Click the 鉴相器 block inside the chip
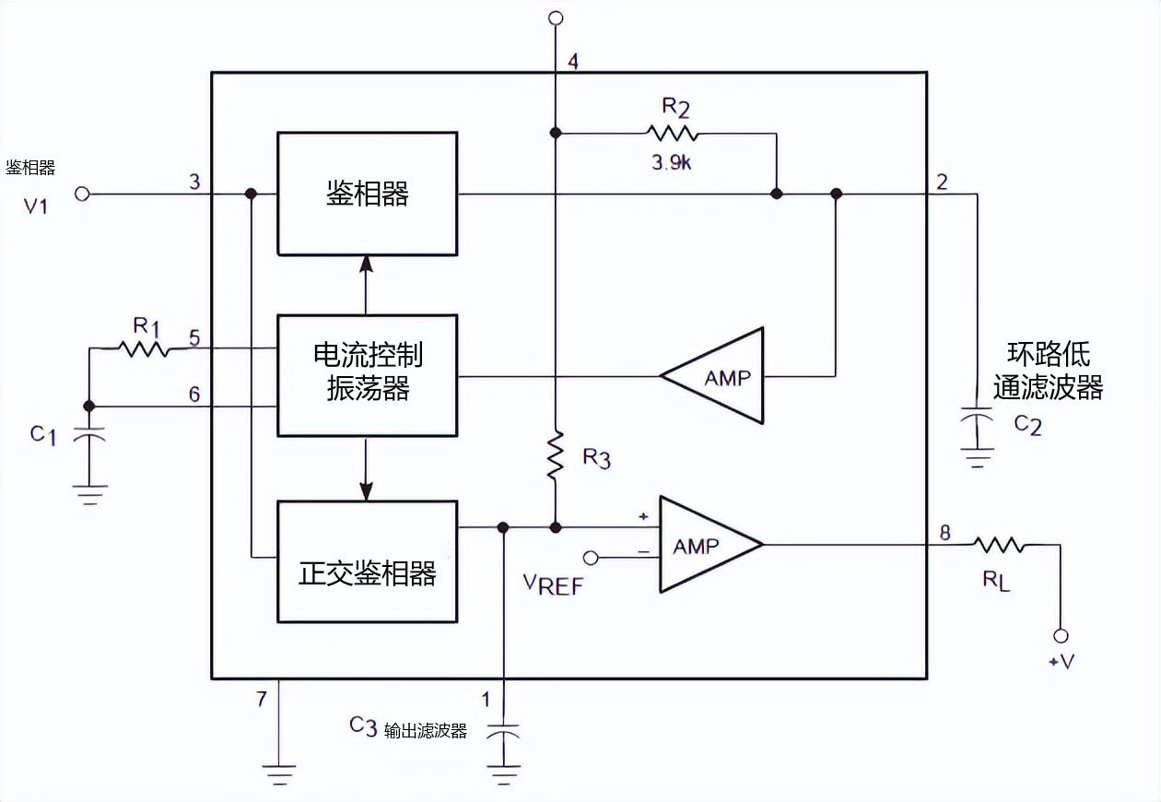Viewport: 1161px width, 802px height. (367, 194)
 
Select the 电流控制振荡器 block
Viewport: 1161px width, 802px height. (367, 375)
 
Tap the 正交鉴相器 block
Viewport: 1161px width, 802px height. (367, 561)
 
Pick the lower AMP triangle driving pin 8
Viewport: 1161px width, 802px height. (706, 546)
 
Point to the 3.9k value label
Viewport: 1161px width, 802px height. (675, 162)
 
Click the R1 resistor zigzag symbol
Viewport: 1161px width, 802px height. (143, 348)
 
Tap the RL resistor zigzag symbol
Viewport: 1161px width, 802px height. (1001, 546)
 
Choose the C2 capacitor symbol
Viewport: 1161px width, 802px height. (976, 418)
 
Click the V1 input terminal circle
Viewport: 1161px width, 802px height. (82, 195)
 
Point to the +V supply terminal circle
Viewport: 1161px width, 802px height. (1061, 635)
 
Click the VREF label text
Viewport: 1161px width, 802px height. (553, 584)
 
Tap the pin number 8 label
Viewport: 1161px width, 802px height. (944, 531)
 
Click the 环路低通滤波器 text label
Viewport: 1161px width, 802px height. (1048, 372)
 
